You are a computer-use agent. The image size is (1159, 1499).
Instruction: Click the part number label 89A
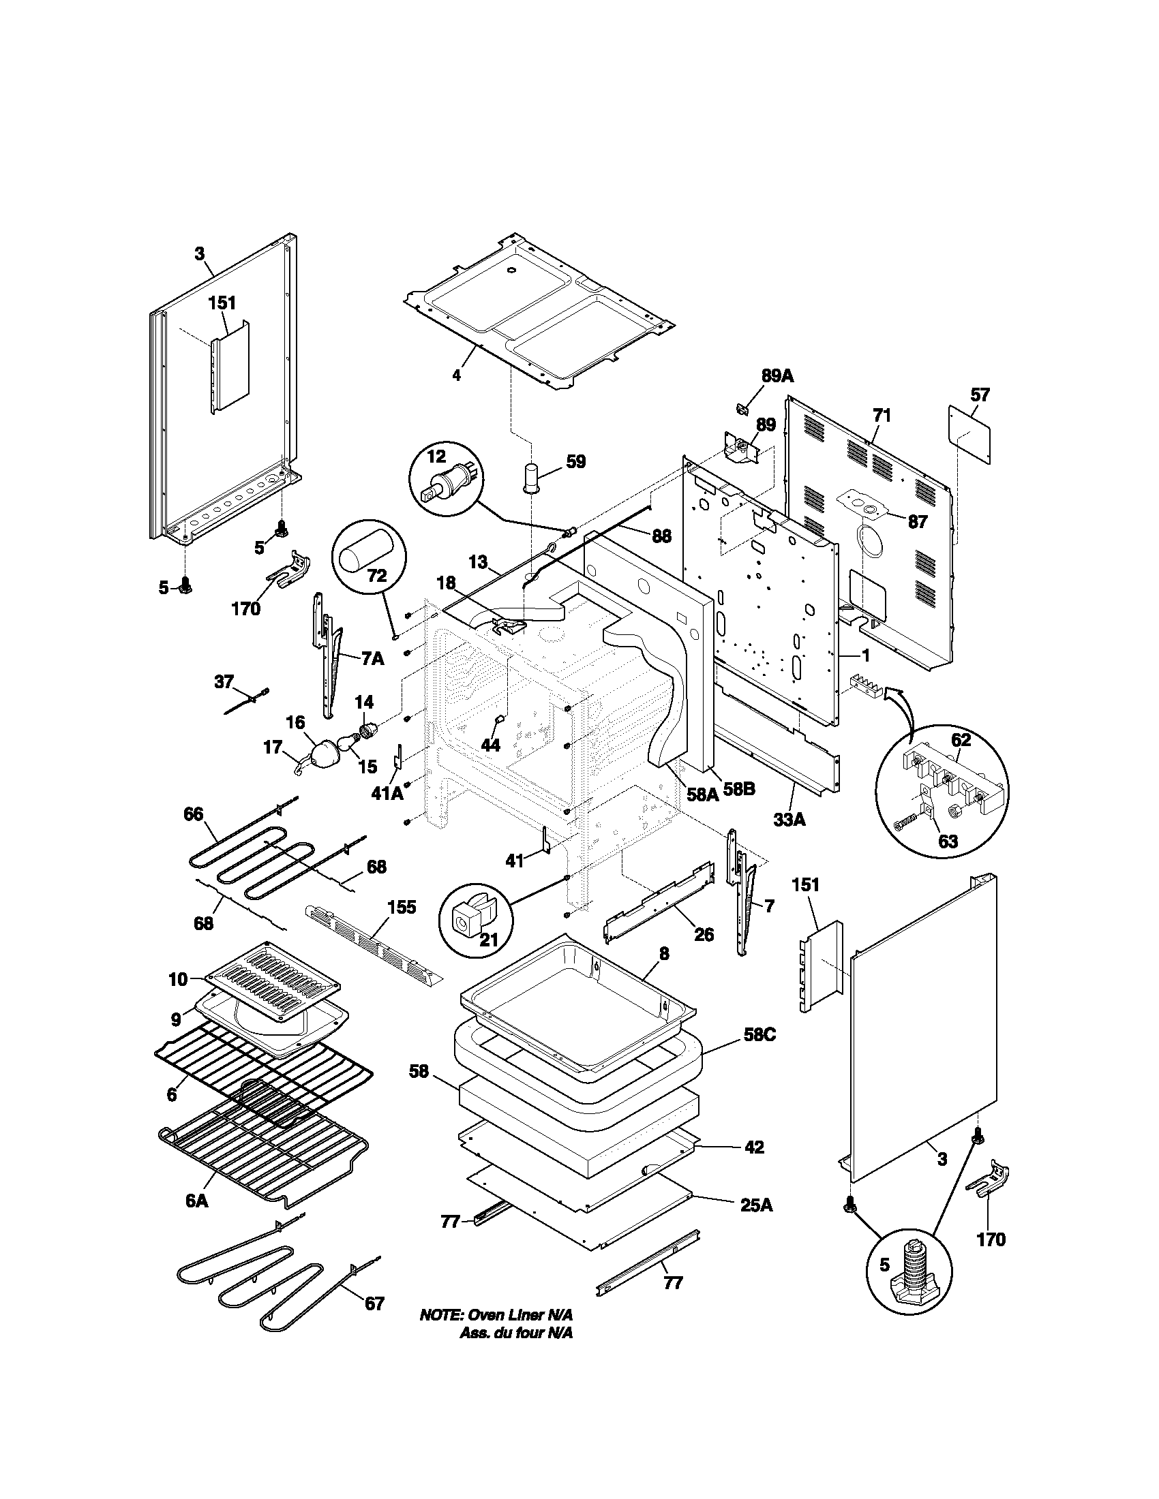click(777, 375)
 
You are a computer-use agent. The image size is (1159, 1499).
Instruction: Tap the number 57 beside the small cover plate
click(980, 395)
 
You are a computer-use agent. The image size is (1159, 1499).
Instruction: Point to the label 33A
click(789, 819)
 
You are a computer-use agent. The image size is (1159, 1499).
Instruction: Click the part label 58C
click(758, 1053)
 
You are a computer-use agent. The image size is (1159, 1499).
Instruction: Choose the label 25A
click(756, 1205)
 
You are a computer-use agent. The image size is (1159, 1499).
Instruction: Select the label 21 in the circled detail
click(487, 940)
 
